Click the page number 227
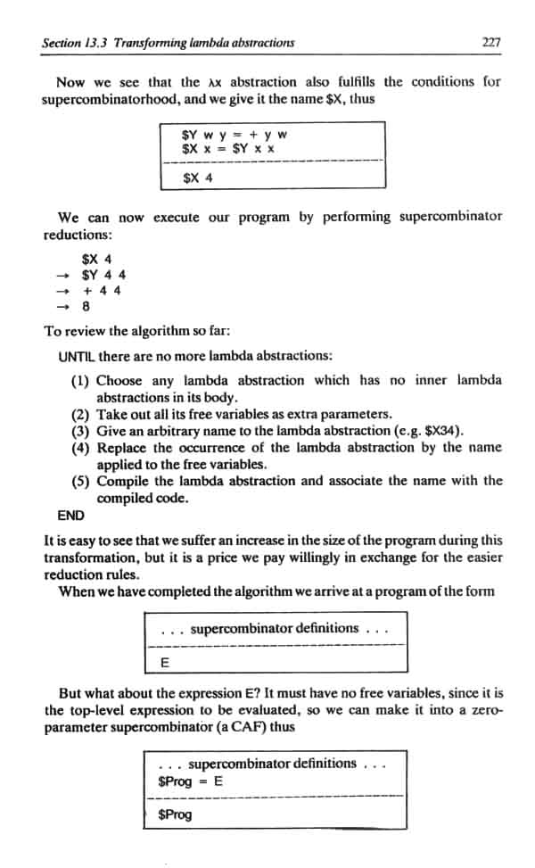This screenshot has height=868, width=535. [490, 41]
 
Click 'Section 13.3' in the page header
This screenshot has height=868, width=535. [77, 42]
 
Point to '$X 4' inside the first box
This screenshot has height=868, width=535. [197, 177]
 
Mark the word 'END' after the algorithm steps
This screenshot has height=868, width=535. [70, 515]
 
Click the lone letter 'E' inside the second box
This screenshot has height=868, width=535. [164, 663]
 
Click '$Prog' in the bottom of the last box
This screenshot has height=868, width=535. [174, 814]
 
